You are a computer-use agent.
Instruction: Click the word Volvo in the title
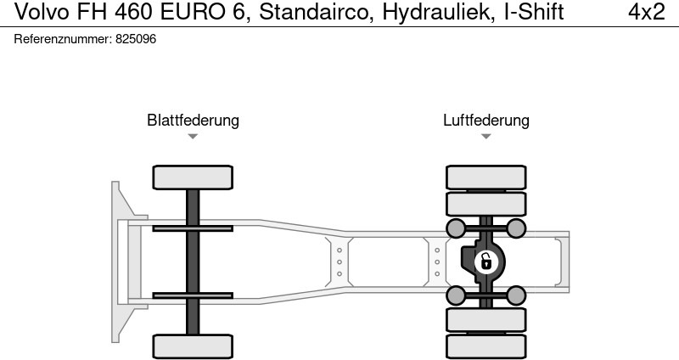(30, 12)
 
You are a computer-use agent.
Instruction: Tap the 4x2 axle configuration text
(647, 12)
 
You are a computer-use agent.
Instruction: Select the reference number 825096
(136, 39)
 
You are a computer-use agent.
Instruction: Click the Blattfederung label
(193, 121)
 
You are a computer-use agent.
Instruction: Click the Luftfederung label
(485, 121)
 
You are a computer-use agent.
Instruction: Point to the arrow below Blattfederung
(193, 137)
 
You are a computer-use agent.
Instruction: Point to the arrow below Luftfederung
(485, 137)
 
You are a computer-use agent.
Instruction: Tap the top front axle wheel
(193, 177)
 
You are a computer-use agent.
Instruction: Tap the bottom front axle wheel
(193, 346)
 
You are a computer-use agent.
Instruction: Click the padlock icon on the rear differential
(485, 262)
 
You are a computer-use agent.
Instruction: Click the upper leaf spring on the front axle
(193, 228)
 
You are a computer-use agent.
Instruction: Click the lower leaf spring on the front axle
(193, 295)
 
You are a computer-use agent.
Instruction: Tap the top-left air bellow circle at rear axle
(456, 228)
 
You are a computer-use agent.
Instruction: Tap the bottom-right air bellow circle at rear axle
(515, 295)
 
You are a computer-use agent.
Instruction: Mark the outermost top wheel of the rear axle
(485, 177)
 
